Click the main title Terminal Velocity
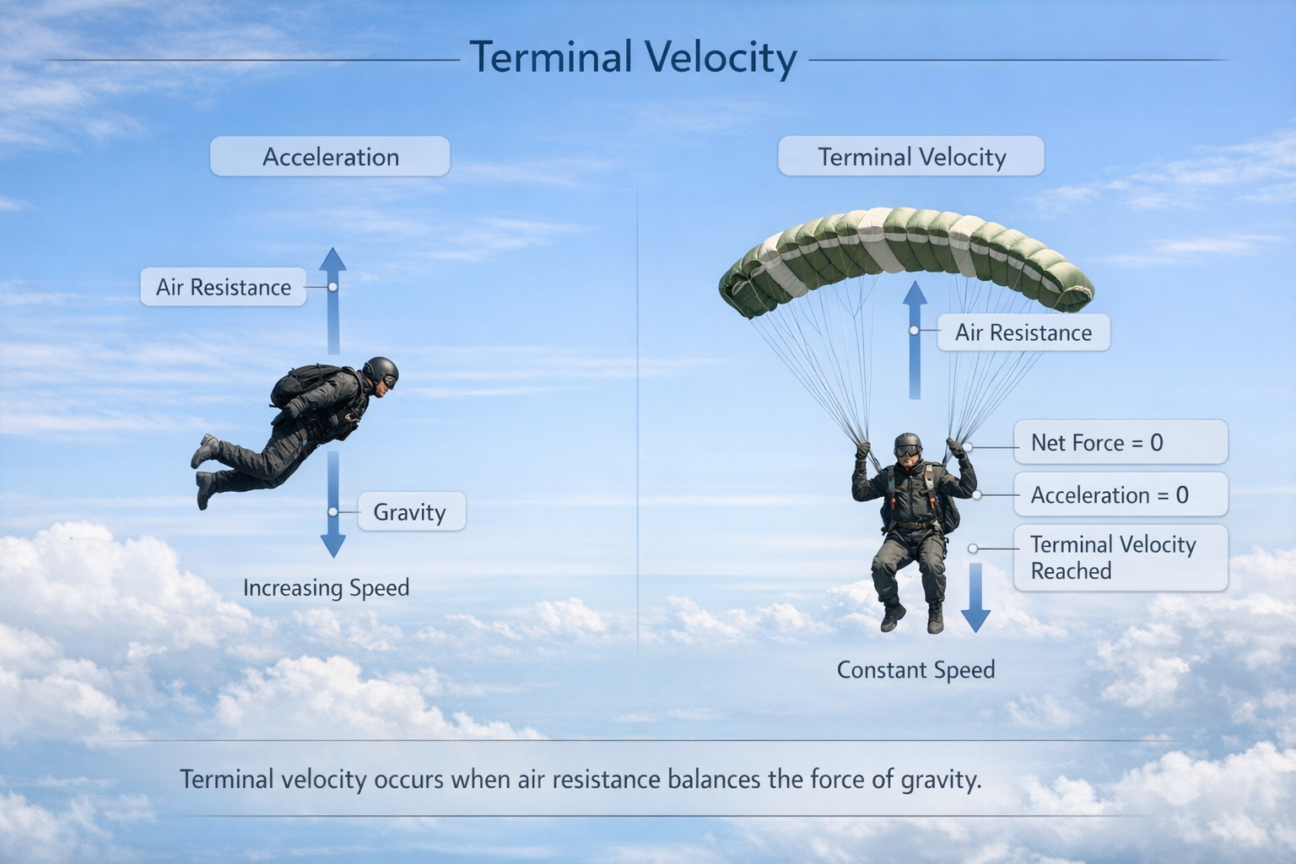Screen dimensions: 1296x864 pyautogui.click(x=634, y=58)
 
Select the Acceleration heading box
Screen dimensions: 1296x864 pyautogui.click(x=330, y=156)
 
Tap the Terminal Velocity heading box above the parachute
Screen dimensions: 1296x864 pyautogui.click(x=911, y=156)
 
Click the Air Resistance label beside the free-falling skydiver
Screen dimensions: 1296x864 pyautogui.click(x=224, y=287)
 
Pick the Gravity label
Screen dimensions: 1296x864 pyautogui.click(x=412, y=511)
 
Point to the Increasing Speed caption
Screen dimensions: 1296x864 pyautogui.click(x=327, y=588)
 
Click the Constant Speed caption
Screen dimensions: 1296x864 pyautogui.click(x=915, y=670)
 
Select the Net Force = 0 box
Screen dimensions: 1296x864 pyautogui.click(x=1120, y=442)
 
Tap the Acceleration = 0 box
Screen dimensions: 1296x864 pyautogui.click(x=1120, y=494)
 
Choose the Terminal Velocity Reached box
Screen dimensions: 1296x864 pyautogui.click(x=1120, y=558)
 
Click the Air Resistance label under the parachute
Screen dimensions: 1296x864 pyautogui.click(x=1023, y=332)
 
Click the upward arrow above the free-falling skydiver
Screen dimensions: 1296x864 pyautogui.click(x=333, y=301)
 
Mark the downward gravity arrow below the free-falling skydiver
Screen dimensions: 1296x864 pyautogui.click(x=333, y=505)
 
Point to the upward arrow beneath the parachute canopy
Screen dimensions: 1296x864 pyautogui.click(x=915, y=340)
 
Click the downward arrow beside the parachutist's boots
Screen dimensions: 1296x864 pyautogui.click(x=975, y=598)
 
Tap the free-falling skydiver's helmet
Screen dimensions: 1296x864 pyautogui.click(x=381, y=371)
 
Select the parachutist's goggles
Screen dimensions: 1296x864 pyautogui.click(x=908, y=451)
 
